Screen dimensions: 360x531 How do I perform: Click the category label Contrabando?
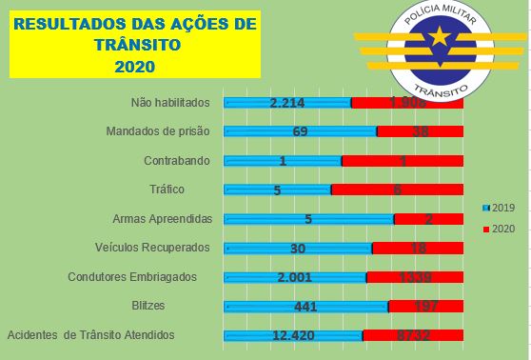[176, 161]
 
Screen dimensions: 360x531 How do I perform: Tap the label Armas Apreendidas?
[161, 219]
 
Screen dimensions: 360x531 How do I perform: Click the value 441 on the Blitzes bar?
[305, 307]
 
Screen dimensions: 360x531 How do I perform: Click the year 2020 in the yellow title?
[133, 68]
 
